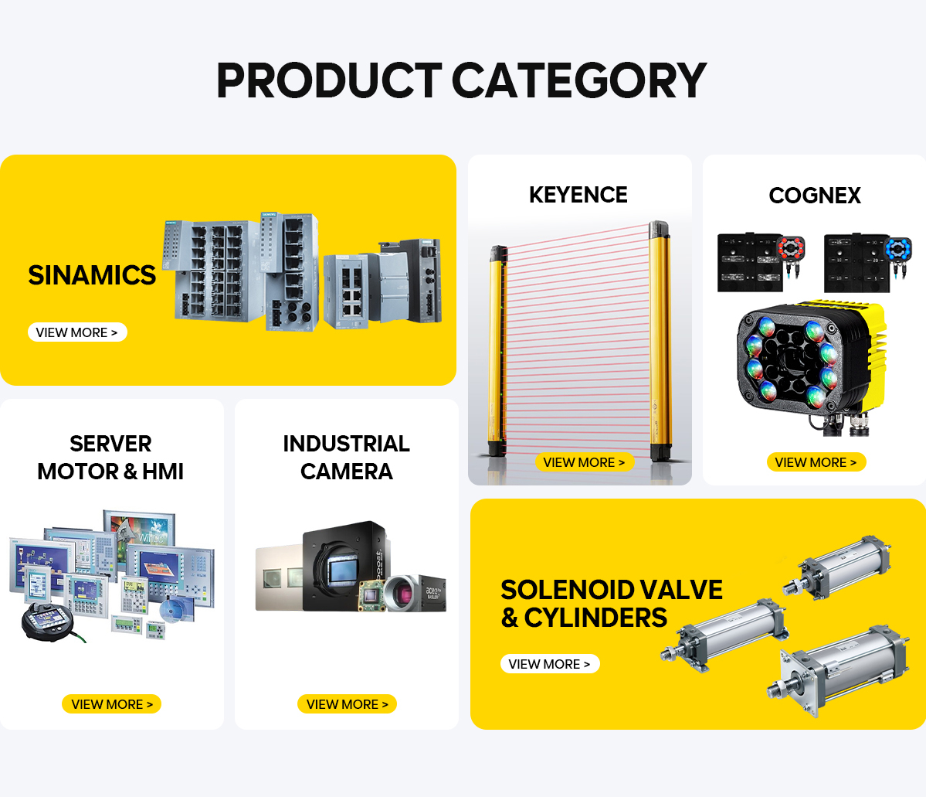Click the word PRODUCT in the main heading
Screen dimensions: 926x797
329,80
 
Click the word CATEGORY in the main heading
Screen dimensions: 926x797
579,80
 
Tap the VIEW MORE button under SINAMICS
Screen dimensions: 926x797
77,332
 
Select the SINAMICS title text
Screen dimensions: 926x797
92,275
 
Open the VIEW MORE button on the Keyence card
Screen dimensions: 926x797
585,462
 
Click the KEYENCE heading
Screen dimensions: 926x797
578,195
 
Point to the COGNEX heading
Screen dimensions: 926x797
815,195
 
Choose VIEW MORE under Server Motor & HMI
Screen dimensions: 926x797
112,704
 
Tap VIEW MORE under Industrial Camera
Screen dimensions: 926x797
348,704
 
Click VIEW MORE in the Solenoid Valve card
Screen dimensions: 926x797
550,664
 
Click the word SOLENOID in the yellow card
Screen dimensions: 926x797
567,590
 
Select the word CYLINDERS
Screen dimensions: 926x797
596,617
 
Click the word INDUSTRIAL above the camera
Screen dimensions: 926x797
347,444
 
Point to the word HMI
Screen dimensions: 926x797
163,472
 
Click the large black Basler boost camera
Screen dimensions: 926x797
344,567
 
